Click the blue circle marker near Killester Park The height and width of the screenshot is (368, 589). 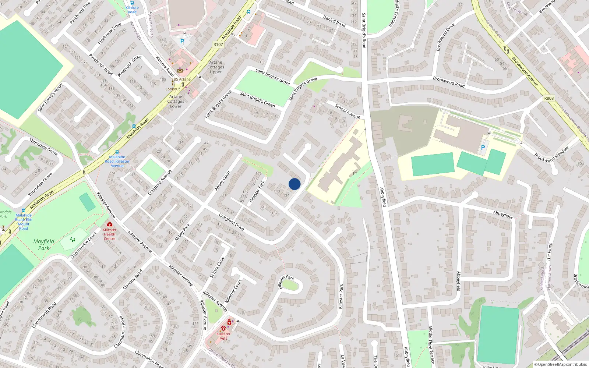(294, 184)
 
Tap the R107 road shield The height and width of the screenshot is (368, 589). (218, 45)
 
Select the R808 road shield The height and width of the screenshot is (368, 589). (549, 98)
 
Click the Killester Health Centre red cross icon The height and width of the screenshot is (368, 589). (109, 224)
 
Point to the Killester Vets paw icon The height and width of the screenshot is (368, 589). (223, 328)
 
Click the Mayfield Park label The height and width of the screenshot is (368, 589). (43, 244)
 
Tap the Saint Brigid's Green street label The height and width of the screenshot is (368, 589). (257, 99)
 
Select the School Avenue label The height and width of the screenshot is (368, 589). (348, 112)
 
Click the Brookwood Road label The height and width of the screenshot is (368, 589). (449, 82)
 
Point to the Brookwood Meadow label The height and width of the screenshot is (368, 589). (551, 154)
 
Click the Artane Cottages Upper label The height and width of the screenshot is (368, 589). (216, 67)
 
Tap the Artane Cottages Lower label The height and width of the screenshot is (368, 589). (176, 101)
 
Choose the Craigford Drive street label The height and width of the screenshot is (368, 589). (231, 222)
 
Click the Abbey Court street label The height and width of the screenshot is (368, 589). (223, 180)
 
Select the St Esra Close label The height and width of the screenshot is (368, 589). (217, 267)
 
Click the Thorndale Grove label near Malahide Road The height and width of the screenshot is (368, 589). (43, 146)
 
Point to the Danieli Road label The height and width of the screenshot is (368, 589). (334, 21)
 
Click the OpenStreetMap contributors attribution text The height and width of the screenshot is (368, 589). (562, 364)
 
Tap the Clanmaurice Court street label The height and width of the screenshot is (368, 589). (84, 245)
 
